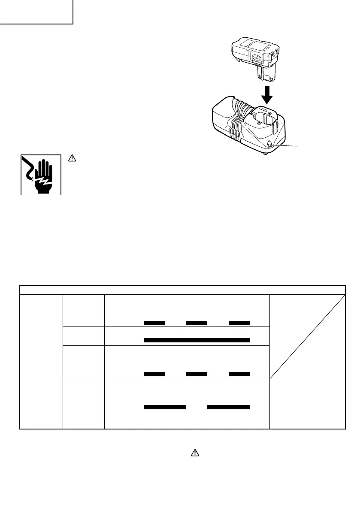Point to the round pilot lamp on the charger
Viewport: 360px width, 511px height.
[269, 145]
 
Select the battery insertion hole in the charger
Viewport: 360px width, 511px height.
[263, 118]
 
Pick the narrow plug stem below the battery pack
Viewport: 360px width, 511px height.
[265, 73]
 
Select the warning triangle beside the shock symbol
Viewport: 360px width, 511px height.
[72, 158]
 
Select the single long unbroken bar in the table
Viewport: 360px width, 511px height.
[197, 340]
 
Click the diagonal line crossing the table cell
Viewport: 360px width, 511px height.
[307, 335]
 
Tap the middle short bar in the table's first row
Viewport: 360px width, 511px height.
[197, 322]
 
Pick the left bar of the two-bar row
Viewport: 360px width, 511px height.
[164, 406]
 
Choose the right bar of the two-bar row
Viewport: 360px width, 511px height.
[229, 406]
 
